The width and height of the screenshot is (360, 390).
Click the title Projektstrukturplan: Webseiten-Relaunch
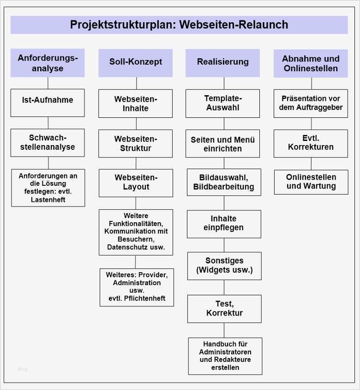(179, 25)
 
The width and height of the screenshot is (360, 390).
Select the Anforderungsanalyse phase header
(48, 63)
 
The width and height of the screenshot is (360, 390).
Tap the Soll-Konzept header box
(135, 62)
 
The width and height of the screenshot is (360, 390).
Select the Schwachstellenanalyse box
(48, 143)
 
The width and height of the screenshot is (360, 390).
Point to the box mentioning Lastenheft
(48, 188)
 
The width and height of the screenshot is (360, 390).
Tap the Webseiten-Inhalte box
(136, 104)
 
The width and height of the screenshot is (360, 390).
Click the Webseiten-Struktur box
(136, 144)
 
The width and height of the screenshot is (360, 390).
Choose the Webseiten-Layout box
(136, 183)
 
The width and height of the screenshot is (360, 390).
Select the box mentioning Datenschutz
(136, 232)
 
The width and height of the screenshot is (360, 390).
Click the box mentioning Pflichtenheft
(137, 287)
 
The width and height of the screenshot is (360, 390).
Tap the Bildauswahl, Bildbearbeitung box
(224, 183)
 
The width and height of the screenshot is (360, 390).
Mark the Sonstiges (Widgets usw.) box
(224, 266)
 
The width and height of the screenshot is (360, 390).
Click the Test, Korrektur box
(224, 309)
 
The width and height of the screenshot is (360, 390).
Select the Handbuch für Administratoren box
(225, 356)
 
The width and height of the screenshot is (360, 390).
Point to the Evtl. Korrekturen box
(311, 143)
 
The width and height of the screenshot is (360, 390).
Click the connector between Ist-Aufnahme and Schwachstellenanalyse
(48, 123)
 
